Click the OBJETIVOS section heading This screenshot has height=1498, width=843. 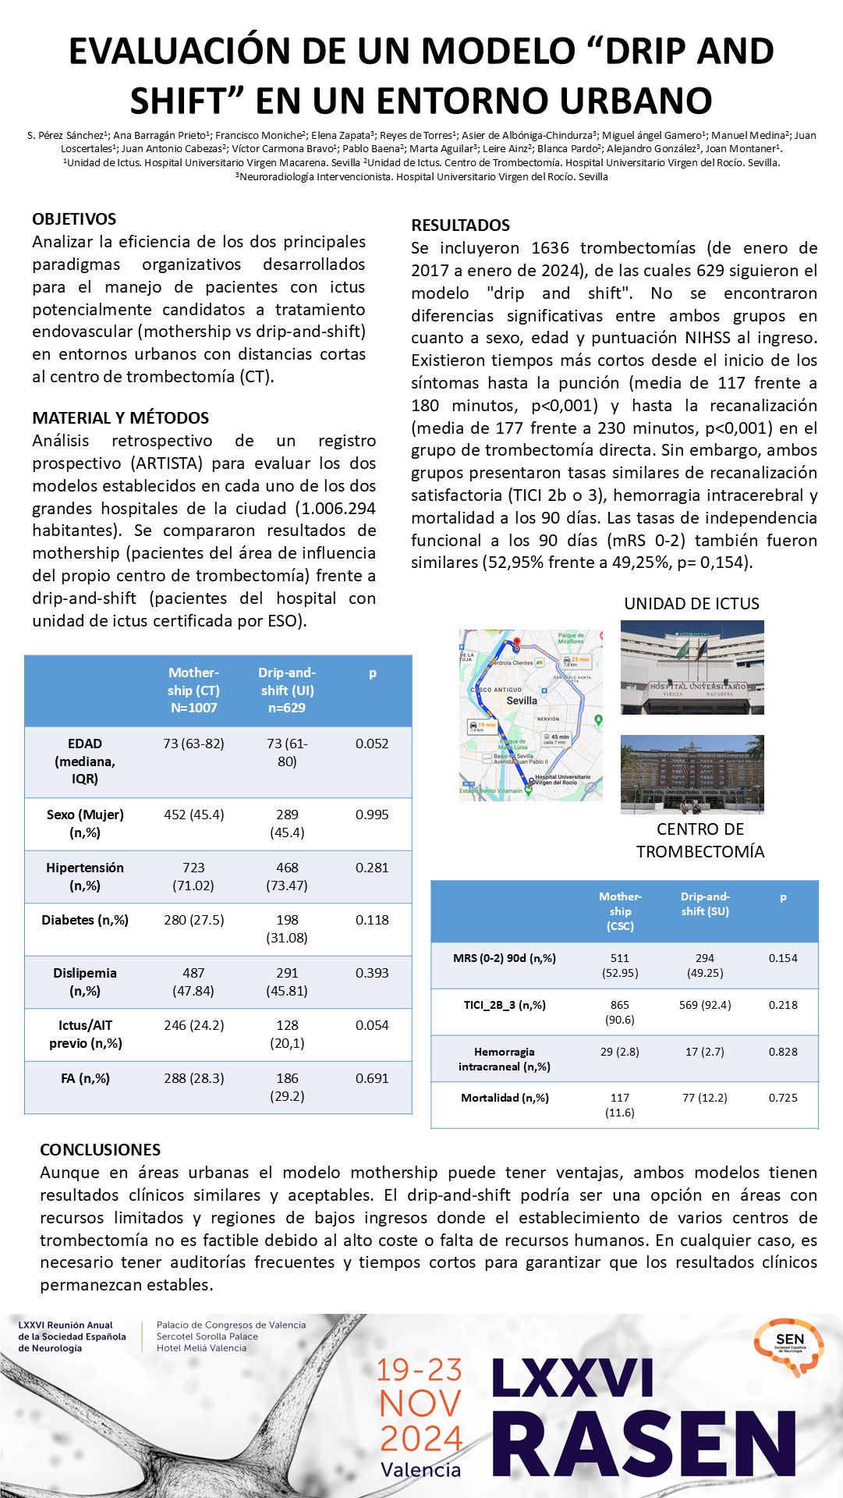pos(74,219)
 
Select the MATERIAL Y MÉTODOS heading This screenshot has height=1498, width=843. pos(121,418)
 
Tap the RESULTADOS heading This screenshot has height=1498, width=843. pos(460,225)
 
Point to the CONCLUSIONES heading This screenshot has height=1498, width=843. pos(100,1149)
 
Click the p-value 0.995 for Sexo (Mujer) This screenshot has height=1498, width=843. pos(372,815)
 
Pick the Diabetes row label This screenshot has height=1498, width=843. pos(84,920)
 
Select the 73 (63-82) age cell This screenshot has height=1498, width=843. pos(193,744)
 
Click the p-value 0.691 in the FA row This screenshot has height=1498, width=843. pos(372,1078)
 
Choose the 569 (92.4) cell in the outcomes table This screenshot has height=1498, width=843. pos(705,1005)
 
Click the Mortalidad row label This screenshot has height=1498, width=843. pos(505,1098)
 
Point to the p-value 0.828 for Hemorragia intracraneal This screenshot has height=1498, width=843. pos(783,1052)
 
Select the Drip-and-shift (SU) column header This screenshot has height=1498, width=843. pos(705,903)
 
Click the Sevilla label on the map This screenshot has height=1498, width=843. pos(522,701)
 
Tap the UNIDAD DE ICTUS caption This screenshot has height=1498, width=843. pos(692,604)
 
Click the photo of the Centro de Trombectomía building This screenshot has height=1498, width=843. pos(692,774)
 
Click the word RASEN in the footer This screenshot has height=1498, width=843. pos(644,1445)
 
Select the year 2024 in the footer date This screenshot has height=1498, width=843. pos(421,1438)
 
